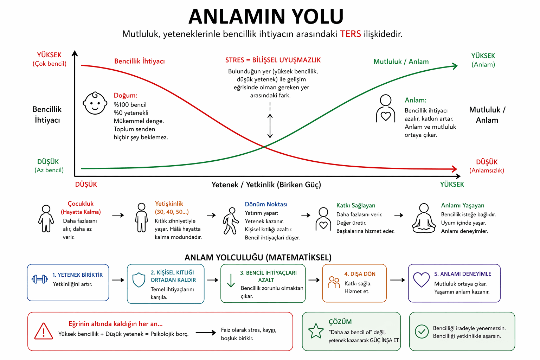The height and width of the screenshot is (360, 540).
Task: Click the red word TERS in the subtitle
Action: click(x=350, y=34)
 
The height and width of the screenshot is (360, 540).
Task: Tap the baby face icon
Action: click(x=95, y=103)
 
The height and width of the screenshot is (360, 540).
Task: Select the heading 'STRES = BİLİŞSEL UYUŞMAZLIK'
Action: click(x=273, y=60)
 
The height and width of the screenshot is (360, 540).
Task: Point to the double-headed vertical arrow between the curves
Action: click(x=270, y=126)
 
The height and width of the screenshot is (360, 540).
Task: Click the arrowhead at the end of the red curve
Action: click(x=454, y=169)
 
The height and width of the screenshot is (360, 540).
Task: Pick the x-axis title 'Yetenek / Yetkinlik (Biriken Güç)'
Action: click(x=266, y=185)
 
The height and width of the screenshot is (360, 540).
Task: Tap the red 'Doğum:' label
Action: click(x=126, y=96)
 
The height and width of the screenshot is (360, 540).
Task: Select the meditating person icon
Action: click(x=424, y=218)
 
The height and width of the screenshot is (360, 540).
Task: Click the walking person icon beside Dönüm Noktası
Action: click(x=231, y=221)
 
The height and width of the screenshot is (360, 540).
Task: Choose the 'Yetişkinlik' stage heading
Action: click(x=169, y=204)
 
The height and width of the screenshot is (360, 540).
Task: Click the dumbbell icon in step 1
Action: click(x=39, y=279)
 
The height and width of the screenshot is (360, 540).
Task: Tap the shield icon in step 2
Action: click(x=139, y=280)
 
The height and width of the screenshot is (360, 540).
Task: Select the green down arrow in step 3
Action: click(x=231, y=281)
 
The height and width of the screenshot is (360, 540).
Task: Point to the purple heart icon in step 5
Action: click(x=422, y=279)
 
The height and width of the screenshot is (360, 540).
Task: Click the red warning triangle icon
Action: click(x=44, y=331)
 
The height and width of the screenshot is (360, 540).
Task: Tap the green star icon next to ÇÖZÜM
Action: click(x=316, y=331)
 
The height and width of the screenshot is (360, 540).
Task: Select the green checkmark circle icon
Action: click(x=422, y=332)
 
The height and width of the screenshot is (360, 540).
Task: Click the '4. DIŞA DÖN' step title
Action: click(x=360, y=274)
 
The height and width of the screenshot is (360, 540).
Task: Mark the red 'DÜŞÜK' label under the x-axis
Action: click(x=86, y=185)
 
